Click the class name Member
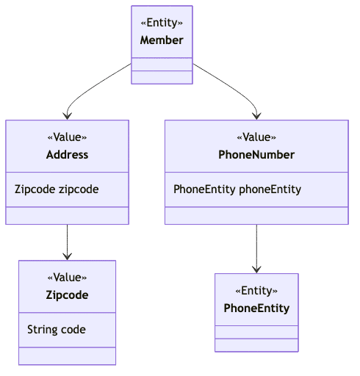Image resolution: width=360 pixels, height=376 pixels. pyautogui.click(x=162, y=40)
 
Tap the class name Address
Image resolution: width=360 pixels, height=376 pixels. pyautogui.click(x=67, y=154)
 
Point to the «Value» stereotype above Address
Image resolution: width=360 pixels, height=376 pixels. pyautogui.click(x=67, y=137)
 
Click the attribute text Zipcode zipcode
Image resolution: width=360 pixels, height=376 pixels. pyautogui.click(x=57, y=189)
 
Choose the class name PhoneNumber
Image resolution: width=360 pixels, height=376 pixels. pyautogui.click(x=256, y=154)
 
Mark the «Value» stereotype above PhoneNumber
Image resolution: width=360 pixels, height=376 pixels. pyautogui.click(x=256, y=137)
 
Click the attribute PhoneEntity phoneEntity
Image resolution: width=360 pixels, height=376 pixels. pyautogui.click(x=237, y=189)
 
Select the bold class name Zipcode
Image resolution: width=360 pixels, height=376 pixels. pyautogui.click(x=67, y=294)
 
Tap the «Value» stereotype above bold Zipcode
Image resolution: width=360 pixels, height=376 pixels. pyautogui.click(x=67, y=278)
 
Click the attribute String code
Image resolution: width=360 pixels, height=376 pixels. pyautogui.click(x=57, y=329)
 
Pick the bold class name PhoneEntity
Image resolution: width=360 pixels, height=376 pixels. pyautogui.click(x=256, y=308)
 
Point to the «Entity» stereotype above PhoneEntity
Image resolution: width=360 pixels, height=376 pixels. pyautogui.click(x=256, y=291)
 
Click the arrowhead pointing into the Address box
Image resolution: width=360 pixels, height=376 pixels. pyautogui.click(x=68, y=115)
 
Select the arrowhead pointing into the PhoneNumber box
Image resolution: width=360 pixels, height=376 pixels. pyautogui.click(x=256, y=115)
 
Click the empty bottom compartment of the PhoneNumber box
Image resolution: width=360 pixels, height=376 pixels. pyautogui.click(x=256, y=215)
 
